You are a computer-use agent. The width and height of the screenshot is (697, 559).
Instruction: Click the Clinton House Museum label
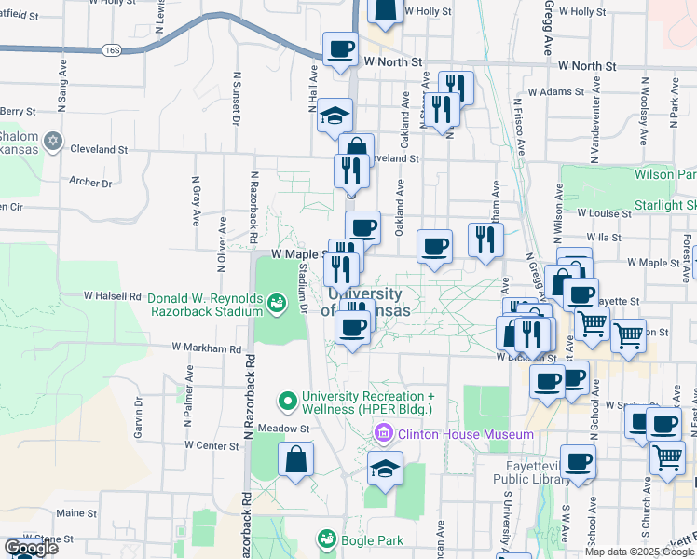(x=463, y=434)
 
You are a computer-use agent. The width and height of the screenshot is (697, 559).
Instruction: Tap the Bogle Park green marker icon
(x=326, y=539)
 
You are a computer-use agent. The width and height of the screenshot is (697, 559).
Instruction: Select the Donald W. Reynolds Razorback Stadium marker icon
(x=276, y=303)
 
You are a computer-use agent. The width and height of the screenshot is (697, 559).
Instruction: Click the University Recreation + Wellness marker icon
(x=287, y=402)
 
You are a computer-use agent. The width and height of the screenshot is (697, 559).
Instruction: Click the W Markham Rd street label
(x=207, y=348)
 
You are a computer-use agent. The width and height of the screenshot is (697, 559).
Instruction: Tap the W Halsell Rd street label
(x=112, y=295)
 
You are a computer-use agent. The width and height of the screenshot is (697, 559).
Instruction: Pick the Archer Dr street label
(x=90, y=183)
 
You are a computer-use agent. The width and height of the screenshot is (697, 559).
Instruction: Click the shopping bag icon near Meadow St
(x=295, y=460)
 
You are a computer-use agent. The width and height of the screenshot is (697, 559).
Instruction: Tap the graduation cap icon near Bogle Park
(x=384, y=469)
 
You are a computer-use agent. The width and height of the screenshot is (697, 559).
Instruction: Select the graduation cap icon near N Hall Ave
(x=335, y=116)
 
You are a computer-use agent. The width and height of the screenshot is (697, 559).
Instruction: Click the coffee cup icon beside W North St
(x=340, y=48)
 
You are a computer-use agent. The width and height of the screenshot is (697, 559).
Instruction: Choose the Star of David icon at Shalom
(x=54, y=140)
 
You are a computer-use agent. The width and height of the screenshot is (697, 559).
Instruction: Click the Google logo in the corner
(x=30, y=548)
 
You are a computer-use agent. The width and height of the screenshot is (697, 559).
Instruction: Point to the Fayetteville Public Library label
(x=518, y=473)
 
